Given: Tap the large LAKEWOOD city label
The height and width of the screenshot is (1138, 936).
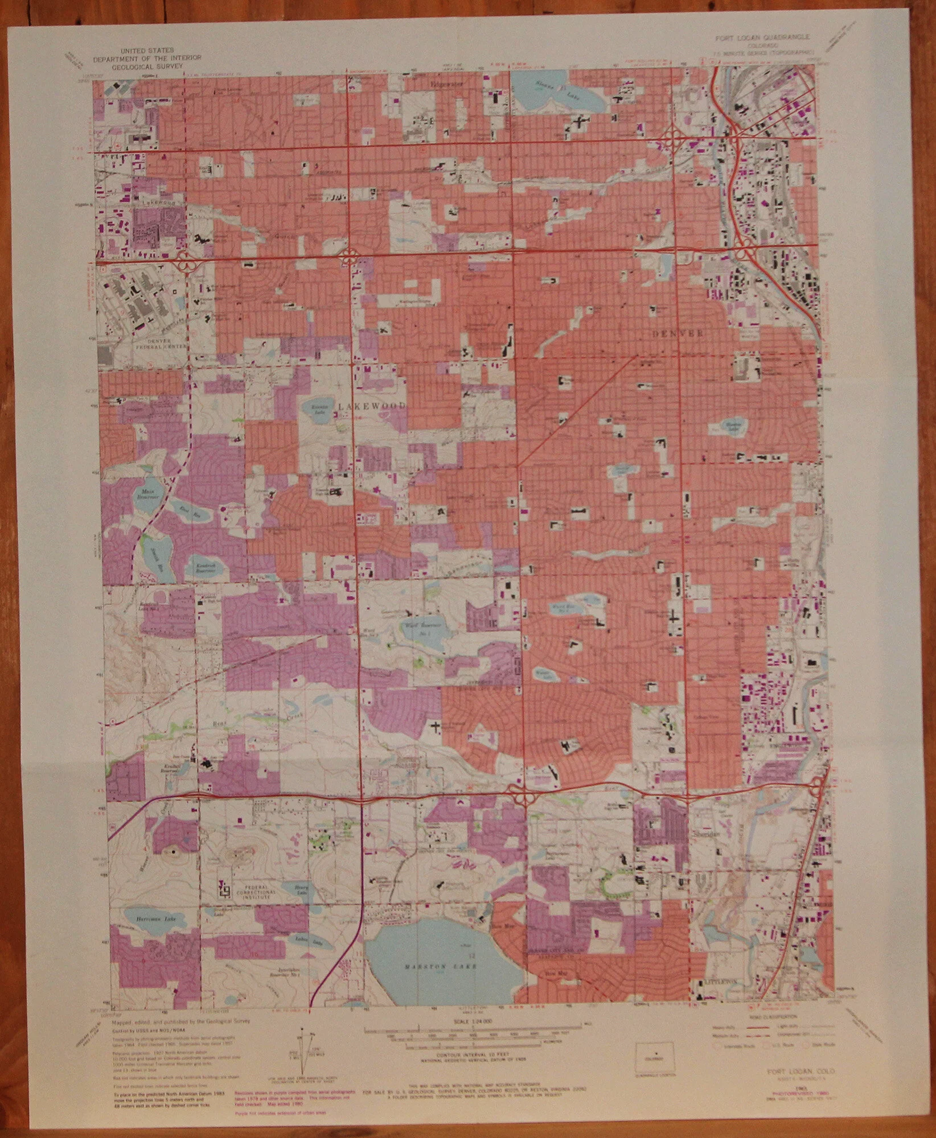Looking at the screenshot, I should [x=372, y=406].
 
